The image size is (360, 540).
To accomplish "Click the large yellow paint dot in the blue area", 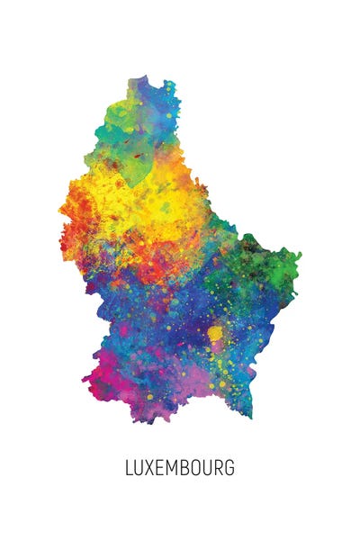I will pos(215,335).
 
